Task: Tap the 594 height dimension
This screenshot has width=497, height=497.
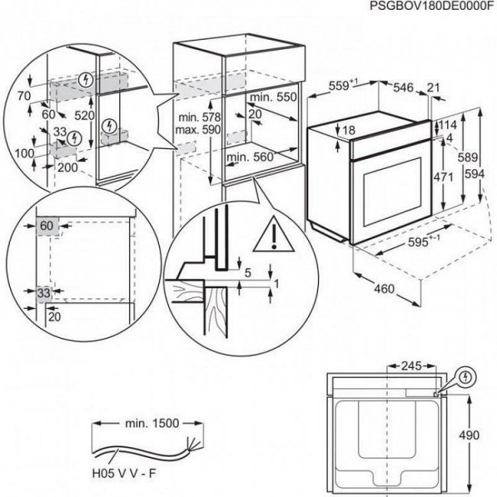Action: click(x=474, y=174)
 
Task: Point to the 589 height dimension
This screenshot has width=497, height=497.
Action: click(x=463, y=156)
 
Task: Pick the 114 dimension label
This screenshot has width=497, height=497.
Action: click(x=448, y=125)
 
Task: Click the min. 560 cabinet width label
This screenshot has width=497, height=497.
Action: click(x=251, y=157)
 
